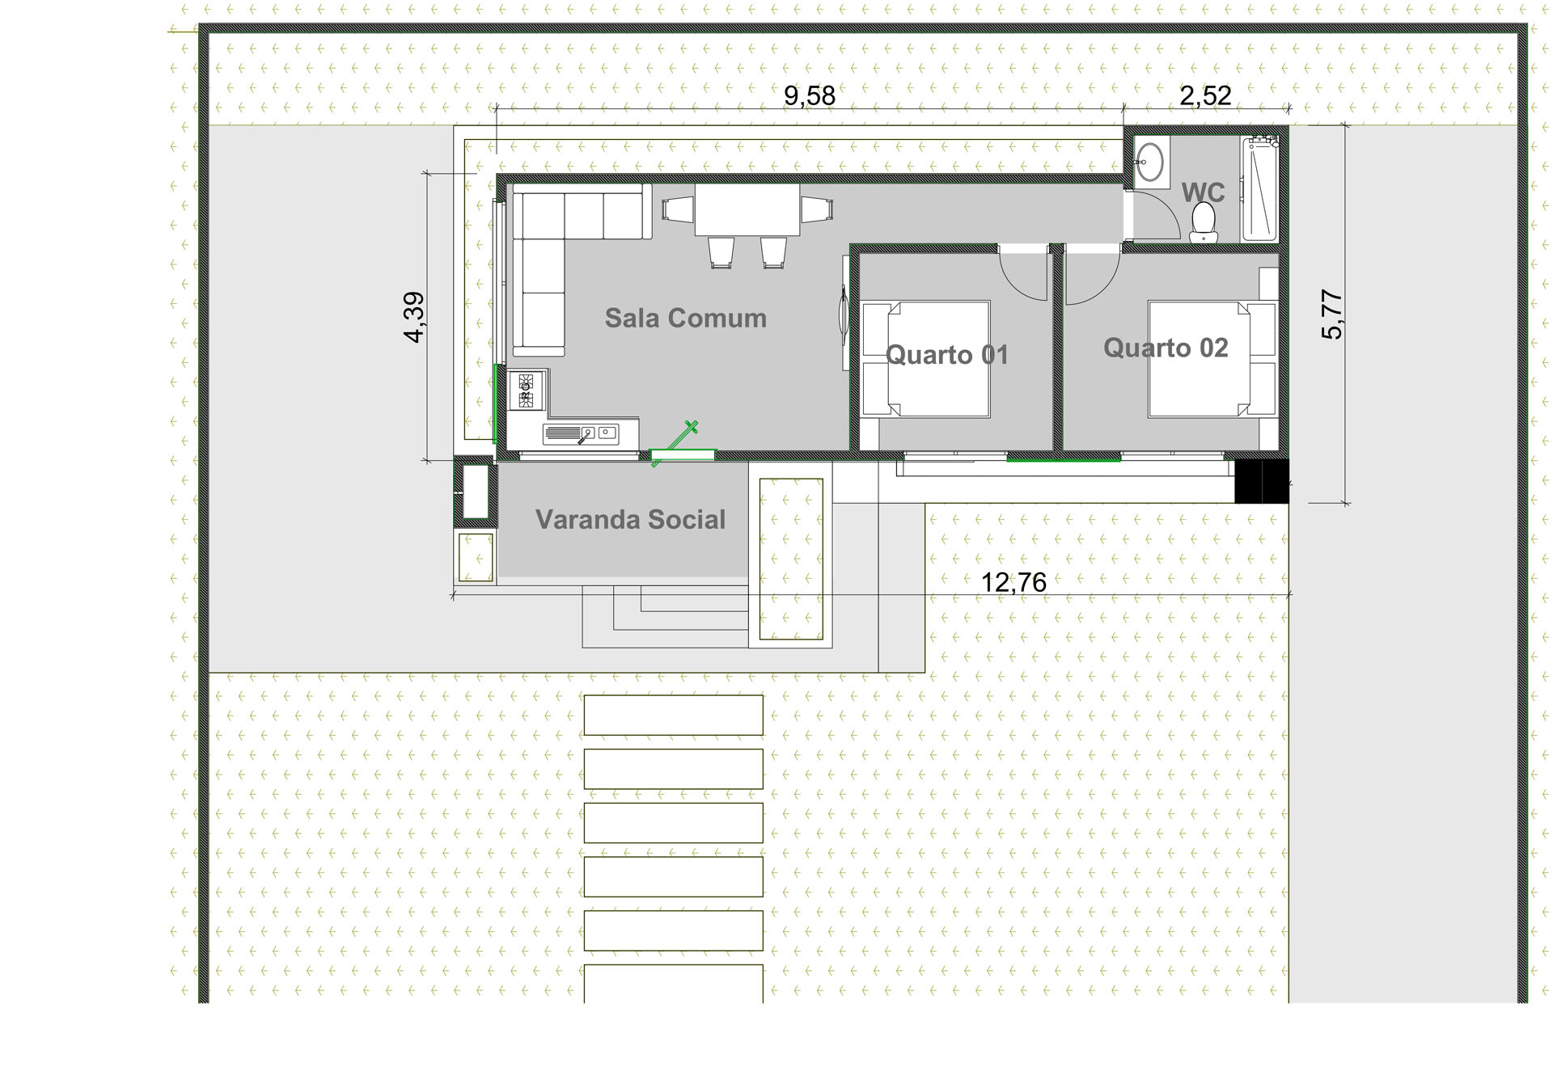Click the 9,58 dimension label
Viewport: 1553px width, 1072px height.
point(809,95)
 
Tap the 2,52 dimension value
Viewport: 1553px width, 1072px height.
point(1205,95)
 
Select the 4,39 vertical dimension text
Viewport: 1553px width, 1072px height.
point(414,317)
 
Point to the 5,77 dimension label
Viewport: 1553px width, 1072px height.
point(1331,314)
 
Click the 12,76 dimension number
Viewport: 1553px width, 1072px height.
point(1013,582)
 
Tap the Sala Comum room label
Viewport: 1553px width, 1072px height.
point(686,318)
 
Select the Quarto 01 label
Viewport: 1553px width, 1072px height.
point(947,355)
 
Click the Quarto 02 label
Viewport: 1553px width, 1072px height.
point(1166,348)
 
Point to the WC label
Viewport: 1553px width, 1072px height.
point(1204,192)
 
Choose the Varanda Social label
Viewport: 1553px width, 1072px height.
point(630,519)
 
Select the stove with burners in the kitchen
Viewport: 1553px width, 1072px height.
point(526,390)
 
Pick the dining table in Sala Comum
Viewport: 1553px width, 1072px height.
point(747,209)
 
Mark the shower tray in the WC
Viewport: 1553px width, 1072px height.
point(1259,189)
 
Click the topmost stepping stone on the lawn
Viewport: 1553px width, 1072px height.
point(673,715)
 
